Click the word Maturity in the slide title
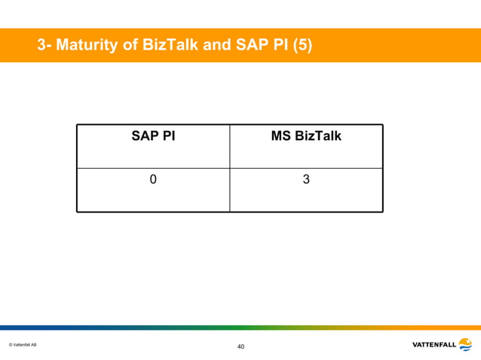pyautogui.click(x=85, y=46)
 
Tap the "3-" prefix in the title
pyautogui.click(x=44, y=46)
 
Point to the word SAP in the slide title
pyautogui.click(x=246, y=46)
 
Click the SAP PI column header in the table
pyautogui.click(x=153, y=136)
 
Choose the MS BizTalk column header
pyautogui.click(x=306, y=136)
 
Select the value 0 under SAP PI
pyautogui.click(x=153, y=180)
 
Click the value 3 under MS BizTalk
pyautogui.click(x=306, y=180)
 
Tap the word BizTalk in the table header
pyautogui.click(x=318, y=136)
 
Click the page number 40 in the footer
pyautogui.click(x=240, y=346)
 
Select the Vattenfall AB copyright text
pyautogui.click(x=23, y=345)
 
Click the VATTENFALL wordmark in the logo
pyautogui.click(x=434, y=345)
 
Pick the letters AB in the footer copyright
pyautogui.click(x=33, y=345)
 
